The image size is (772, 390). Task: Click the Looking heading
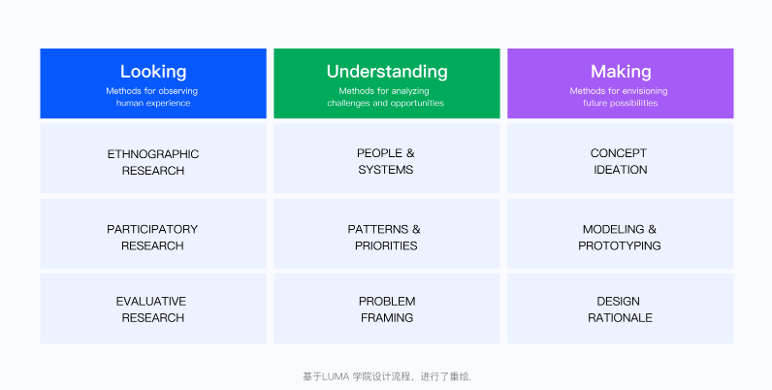tap(153, 72)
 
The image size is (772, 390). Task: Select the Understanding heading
tap(386, 72)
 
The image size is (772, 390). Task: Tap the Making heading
tap(620, 72)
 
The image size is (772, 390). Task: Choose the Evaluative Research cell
tap(153, 309)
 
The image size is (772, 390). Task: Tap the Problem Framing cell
tap(386, 309)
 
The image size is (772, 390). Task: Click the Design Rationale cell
tap(620, 309)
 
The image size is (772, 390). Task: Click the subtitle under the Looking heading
tap(153, 97)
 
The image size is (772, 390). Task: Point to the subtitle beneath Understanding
tap(386, 97)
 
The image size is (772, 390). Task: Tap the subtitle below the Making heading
tap(620, 97)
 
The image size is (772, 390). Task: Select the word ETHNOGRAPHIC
tap(153, 153)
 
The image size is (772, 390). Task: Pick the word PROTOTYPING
tap(620, 246)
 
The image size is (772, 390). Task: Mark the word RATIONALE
tap(620, 318)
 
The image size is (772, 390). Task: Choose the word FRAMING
tap(386, 318)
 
